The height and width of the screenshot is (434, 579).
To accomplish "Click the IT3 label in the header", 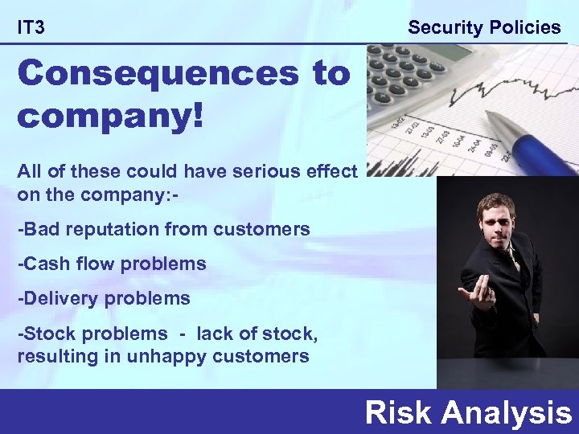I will [x=31, y=28].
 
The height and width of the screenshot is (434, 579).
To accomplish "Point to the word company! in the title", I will [x=111, y=115].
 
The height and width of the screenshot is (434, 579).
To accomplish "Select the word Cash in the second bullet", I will [x=43, y=264].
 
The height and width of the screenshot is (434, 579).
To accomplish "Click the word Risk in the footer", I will [x=399, y=412].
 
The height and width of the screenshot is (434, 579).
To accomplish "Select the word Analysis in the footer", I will [x=507, y=412].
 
